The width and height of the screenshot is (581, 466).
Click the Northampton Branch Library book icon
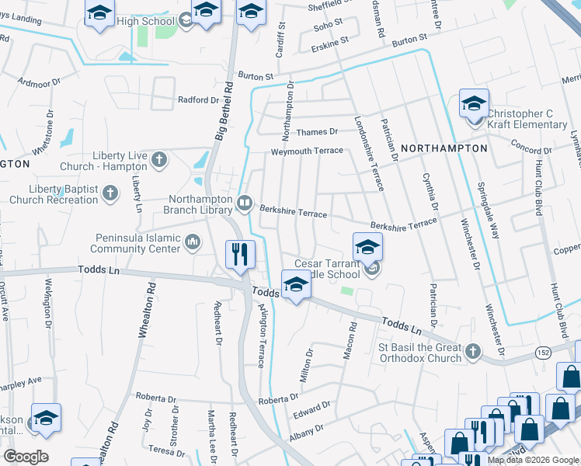click(x=245, y=203)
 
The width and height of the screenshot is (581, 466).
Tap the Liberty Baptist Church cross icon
click(x=110, y=193)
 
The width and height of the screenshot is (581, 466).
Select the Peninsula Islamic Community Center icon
click(x=193, y=245)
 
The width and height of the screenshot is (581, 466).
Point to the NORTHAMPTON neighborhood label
click(x=445, y=148)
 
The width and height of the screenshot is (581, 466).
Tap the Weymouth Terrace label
click(x=306, y=151)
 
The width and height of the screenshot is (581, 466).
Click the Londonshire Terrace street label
click(x=368, y=154)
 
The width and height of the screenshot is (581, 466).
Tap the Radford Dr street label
click(x=198, y=100)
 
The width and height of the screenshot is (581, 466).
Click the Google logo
click(x=26, y=456)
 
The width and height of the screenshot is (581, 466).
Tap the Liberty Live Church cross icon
click(x=158, y=160)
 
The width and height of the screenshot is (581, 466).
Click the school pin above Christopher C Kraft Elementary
click(x=474, y=104)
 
